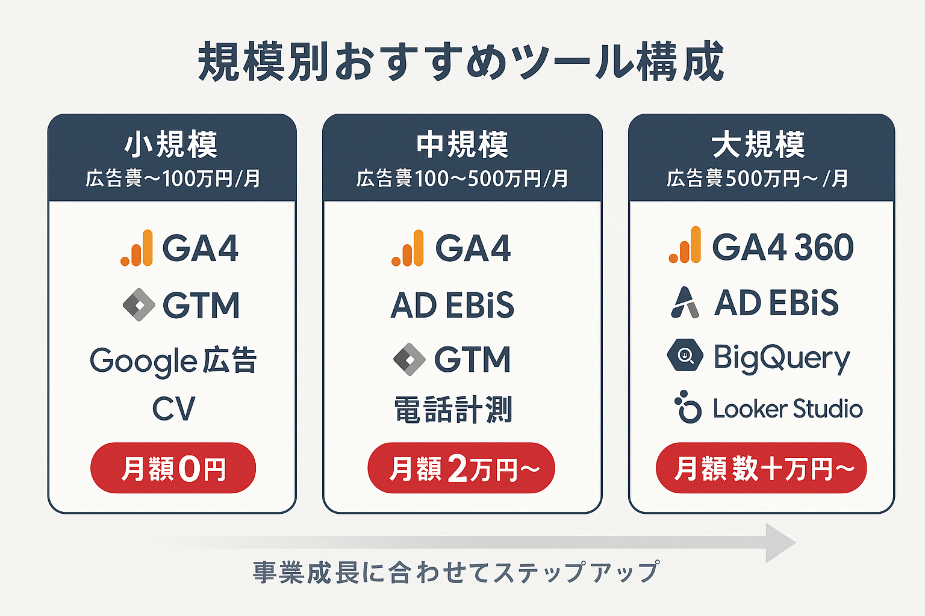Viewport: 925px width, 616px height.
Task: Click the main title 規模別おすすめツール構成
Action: pos(461,62)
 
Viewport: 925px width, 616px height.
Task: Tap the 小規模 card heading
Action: pos(171,144)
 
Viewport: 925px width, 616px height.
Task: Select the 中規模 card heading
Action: pos(462,144)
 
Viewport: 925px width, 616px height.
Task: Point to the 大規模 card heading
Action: pos(758,144)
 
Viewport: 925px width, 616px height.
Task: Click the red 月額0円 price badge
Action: pos(173,467)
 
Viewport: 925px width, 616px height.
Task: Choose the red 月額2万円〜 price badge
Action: pos(461,467)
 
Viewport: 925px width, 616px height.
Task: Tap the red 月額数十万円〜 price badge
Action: pos(761,467)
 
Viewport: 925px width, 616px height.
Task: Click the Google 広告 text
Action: pos(173,361)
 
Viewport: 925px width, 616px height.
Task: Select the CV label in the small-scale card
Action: pos(173,408)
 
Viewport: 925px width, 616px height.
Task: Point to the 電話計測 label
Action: pos(453,409)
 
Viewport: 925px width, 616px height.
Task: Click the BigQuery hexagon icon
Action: pos(685,355)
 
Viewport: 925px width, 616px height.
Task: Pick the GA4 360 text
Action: pos(783,247)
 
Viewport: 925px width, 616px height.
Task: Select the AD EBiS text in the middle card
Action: pos(452,305)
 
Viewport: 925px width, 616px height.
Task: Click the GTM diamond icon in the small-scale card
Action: pos(139,305)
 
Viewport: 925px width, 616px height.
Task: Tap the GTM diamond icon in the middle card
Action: pos(410,359)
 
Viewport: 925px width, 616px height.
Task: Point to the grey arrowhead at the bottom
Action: pos(779,543)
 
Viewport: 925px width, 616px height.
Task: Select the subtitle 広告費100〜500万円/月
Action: pos(462,179)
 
